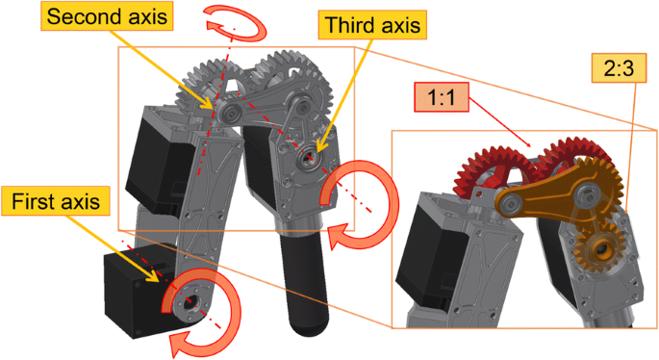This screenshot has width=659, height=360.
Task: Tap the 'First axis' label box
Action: click(58, 202)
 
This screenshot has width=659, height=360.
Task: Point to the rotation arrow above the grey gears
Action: click(236, 22)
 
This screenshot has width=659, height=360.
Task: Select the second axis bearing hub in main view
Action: click(230, 112)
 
